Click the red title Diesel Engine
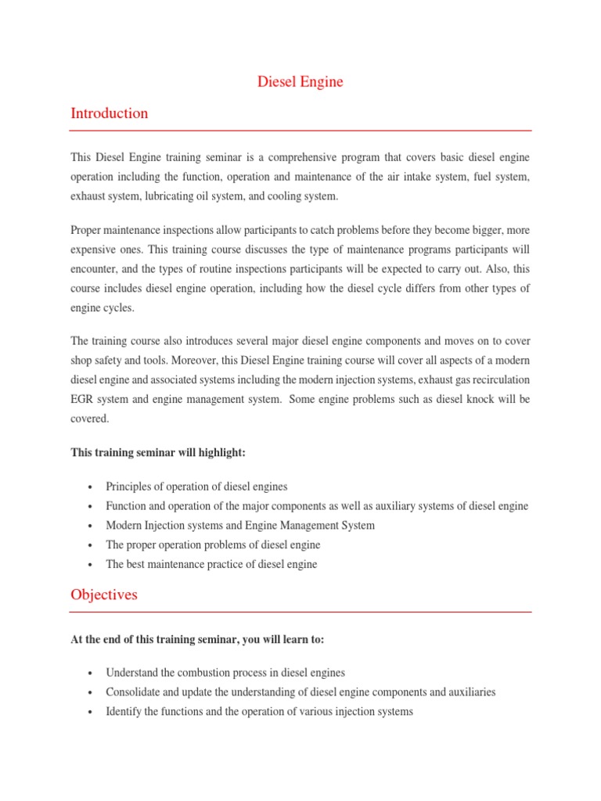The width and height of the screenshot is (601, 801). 300,81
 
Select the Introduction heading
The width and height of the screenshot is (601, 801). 109,113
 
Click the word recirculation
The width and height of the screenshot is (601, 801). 499,379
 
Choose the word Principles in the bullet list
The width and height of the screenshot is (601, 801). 131,487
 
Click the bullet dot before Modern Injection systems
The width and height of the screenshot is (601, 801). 92,526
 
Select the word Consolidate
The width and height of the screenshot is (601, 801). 135,692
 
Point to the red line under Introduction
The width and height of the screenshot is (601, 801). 300,131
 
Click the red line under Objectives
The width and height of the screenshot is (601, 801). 300,612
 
